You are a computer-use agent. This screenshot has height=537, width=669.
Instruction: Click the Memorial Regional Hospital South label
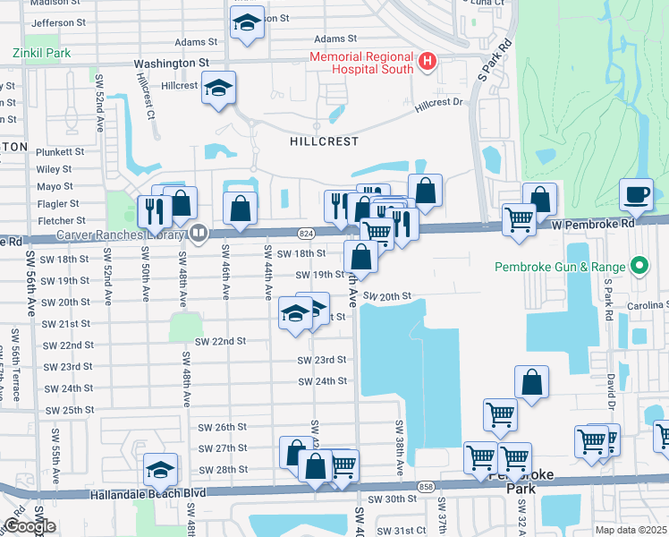(361, 63)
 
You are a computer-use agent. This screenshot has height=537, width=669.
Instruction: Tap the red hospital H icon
(428, 62)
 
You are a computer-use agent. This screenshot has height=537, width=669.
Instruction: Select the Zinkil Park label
(41, 53)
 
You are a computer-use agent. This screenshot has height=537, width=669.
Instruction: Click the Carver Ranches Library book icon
(198, 234)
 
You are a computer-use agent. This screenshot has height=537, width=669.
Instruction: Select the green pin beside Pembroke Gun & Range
(639, 267)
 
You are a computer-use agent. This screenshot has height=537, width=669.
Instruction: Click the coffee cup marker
(636, 195)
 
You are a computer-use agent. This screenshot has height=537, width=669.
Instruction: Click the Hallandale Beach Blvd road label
(147, 493)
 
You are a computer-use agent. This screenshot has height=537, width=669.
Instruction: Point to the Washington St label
(171, 64)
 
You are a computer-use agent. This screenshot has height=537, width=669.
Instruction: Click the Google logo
(30, 526)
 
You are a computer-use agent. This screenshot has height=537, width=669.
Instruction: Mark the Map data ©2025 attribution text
(631, 530)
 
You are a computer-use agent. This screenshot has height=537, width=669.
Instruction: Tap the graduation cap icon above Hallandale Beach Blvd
(160, 469)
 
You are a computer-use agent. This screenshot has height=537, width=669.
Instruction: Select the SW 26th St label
(221, 427)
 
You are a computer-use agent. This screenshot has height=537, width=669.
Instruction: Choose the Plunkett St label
(60, 152)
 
